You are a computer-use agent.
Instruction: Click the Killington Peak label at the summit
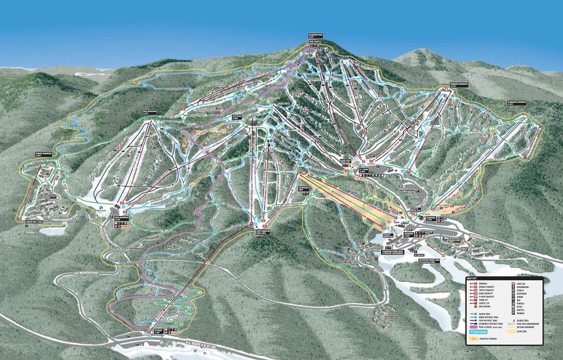click(316, 35)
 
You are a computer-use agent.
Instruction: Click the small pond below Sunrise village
click(54, 230)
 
